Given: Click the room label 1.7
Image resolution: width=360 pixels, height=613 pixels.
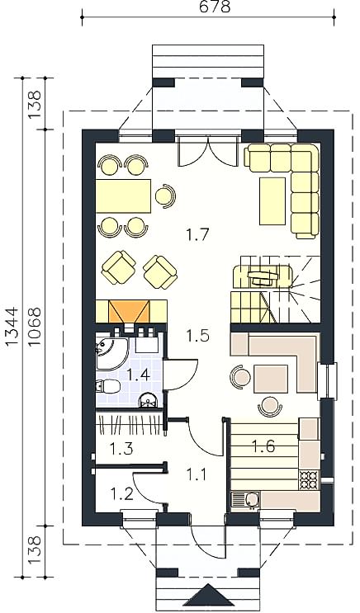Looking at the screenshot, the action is point(198,235).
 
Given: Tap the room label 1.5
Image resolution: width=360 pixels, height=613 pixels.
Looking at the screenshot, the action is point(198,336).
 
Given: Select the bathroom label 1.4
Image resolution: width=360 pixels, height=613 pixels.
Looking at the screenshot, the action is point(138,375).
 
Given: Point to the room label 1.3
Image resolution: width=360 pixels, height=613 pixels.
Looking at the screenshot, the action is point(121,449).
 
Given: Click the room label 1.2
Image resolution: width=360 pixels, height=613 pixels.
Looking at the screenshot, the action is point(121,493).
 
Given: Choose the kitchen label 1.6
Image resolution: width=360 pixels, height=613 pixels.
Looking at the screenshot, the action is point(263,446).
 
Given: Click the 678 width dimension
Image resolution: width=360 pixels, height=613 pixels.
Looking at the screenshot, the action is point(215,7).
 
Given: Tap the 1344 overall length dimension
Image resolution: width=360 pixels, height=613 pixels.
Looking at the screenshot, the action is point(12,326).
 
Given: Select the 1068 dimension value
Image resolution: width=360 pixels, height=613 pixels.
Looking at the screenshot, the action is point(35,326).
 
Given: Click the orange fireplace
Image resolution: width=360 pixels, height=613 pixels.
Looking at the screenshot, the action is point(130,312).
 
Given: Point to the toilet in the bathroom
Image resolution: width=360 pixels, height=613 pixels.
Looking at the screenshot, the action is point(107,386).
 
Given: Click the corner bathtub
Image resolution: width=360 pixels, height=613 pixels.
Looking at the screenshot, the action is point(111,354).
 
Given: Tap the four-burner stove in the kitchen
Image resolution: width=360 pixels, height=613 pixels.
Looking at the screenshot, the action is point(309,479).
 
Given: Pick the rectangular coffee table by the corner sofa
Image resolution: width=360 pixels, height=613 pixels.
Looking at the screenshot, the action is point(272,201).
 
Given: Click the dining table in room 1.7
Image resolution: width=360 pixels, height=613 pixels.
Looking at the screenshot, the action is point(123,196).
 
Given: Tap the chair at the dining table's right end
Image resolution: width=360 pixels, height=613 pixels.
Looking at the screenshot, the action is point(164,195).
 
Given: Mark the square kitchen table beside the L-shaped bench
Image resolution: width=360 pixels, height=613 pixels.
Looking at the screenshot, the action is point(271,379).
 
